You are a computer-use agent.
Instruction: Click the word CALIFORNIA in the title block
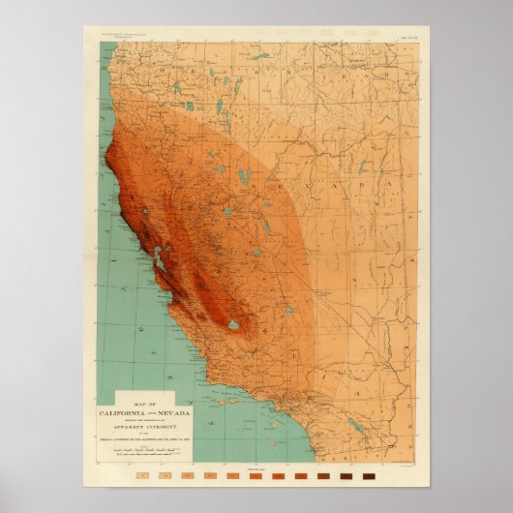pos(136,411)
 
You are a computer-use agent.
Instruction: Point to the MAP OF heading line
pos(153,403)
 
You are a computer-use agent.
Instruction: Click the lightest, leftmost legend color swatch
pos(142,475)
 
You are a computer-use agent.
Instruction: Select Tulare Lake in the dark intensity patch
pos(233,325)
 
